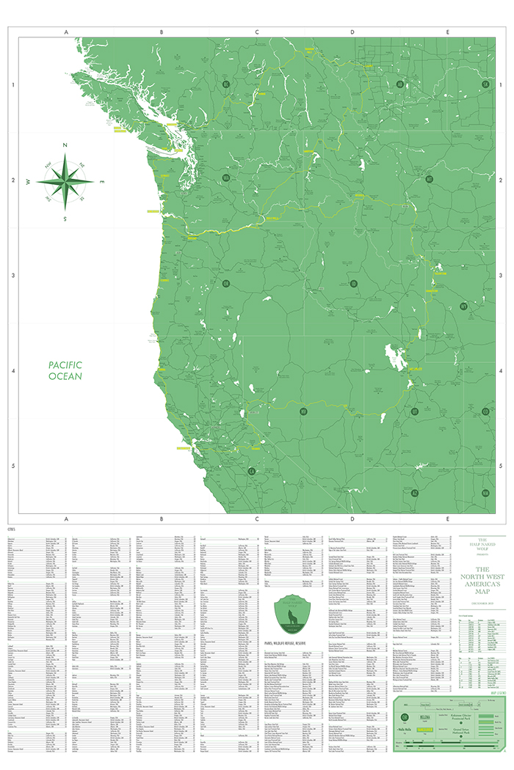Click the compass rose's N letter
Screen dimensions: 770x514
point(65,146)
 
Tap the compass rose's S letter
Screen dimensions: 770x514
point(65,218)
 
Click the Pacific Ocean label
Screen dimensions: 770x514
point(65,370)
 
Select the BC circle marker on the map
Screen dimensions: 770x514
point(226,85)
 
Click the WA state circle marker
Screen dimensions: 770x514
point(226,177)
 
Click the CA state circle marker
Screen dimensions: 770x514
point(251,472)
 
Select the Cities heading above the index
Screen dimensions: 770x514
point(11,528)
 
